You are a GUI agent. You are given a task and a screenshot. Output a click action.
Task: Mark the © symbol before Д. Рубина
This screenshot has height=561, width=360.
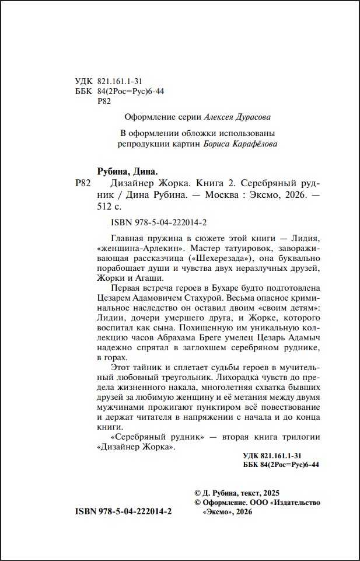[197, 493]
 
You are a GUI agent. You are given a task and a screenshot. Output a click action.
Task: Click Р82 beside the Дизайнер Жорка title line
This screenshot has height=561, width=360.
[85, 183]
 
